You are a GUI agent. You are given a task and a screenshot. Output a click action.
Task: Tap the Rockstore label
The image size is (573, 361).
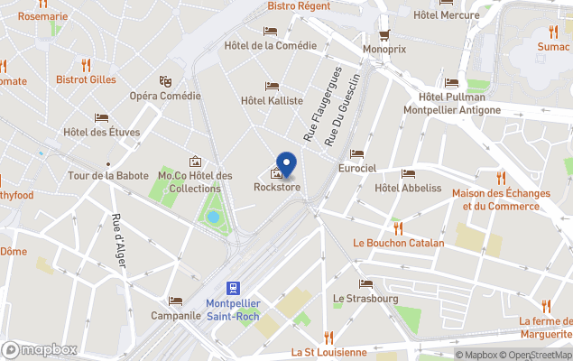click(277, 188)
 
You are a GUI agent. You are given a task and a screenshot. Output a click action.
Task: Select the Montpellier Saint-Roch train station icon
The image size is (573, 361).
click(233, 287)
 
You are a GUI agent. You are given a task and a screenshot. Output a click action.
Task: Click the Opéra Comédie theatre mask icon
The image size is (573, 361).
click(165, 81)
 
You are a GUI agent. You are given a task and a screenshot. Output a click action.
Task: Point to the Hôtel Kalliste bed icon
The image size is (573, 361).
click(272, 87)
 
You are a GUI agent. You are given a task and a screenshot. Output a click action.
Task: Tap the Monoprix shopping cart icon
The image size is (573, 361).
click(384, 34)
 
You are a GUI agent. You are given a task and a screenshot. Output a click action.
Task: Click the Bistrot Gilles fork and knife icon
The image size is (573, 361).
click(87, 65)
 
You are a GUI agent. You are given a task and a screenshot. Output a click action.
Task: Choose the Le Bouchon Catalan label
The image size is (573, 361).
click(399, 243)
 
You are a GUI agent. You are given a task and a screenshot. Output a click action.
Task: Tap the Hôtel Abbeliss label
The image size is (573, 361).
click(408, 188)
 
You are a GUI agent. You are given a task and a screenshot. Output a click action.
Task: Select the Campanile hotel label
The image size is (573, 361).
click(176, 317)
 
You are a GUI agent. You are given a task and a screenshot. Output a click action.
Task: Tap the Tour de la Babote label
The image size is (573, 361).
click(106, 175)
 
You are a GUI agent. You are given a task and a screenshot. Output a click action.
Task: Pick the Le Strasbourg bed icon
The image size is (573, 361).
click(365, 283)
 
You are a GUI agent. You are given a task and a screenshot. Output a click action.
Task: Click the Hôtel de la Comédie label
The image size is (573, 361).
click(270, 45)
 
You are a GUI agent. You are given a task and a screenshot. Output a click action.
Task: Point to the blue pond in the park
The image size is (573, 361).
click(213, 217)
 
